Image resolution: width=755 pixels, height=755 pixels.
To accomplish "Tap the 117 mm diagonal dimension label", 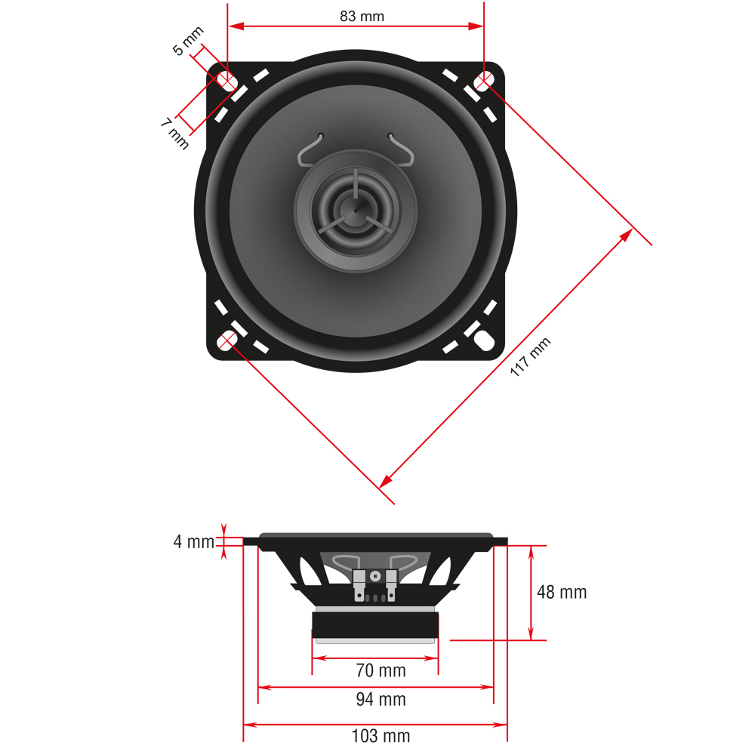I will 530,358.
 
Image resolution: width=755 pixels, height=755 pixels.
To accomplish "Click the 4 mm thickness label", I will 194,542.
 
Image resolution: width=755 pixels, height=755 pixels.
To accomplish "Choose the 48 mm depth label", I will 561,592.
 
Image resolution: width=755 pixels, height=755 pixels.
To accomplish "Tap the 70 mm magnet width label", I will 381,670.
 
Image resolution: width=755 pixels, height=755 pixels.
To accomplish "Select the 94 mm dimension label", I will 381,700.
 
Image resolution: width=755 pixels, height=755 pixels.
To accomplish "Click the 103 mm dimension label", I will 381,735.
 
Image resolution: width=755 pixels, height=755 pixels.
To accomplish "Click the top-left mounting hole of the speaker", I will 226,80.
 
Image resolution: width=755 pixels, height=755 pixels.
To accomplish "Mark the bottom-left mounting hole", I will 226,341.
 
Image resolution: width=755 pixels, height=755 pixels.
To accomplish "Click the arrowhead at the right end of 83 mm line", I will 476,26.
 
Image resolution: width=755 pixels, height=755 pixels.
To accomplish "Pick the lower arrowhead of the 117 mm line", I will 386,480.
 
